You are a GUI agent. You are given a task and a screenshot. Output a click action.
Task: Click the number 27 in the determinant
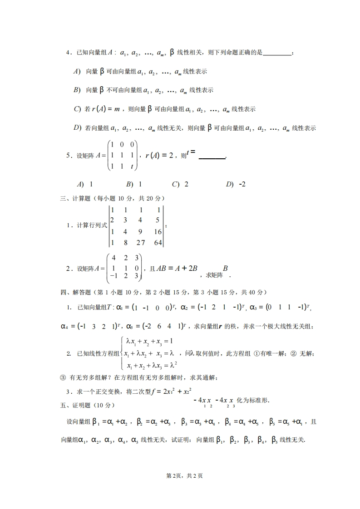click(141, 243)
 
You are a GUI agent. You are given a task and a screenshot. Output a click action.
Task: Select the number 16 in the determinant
click(157, 231)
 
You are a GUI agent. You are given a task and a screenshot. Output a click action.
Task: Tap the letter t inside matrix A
click(132, 166)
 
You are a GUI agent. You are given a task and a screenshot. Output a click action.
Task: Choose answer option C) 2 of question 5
click(180, 184)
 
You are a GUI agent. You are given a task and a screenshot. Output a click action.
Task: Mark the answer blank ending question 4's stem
click(277, 54)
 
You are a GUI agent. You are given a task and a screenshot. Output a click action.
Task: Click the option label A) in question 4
click(77, 72)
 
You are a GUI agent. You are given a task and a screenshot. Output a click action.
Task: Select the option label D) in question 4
click(77, 128)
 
